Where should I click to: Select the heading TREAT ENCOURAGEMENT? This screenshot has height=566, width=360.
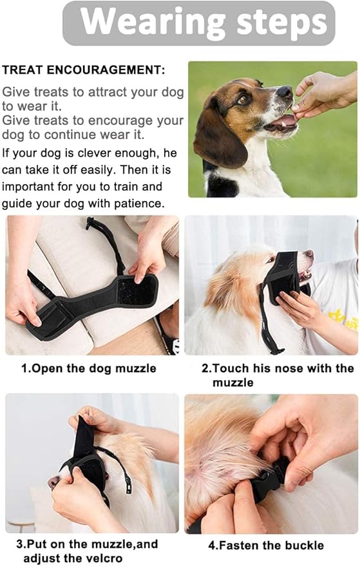[83, 70]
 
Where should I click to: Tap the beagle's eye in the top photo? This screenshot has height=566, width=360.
[243, 99]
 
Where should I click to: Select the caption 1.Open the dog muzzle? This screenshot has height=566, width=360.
[90, 368]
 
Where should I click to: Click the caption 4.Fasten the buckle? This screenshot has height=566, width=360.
[266, 545]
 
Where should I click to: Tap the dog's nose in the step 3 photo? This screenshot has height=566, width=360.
[53, 482]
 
